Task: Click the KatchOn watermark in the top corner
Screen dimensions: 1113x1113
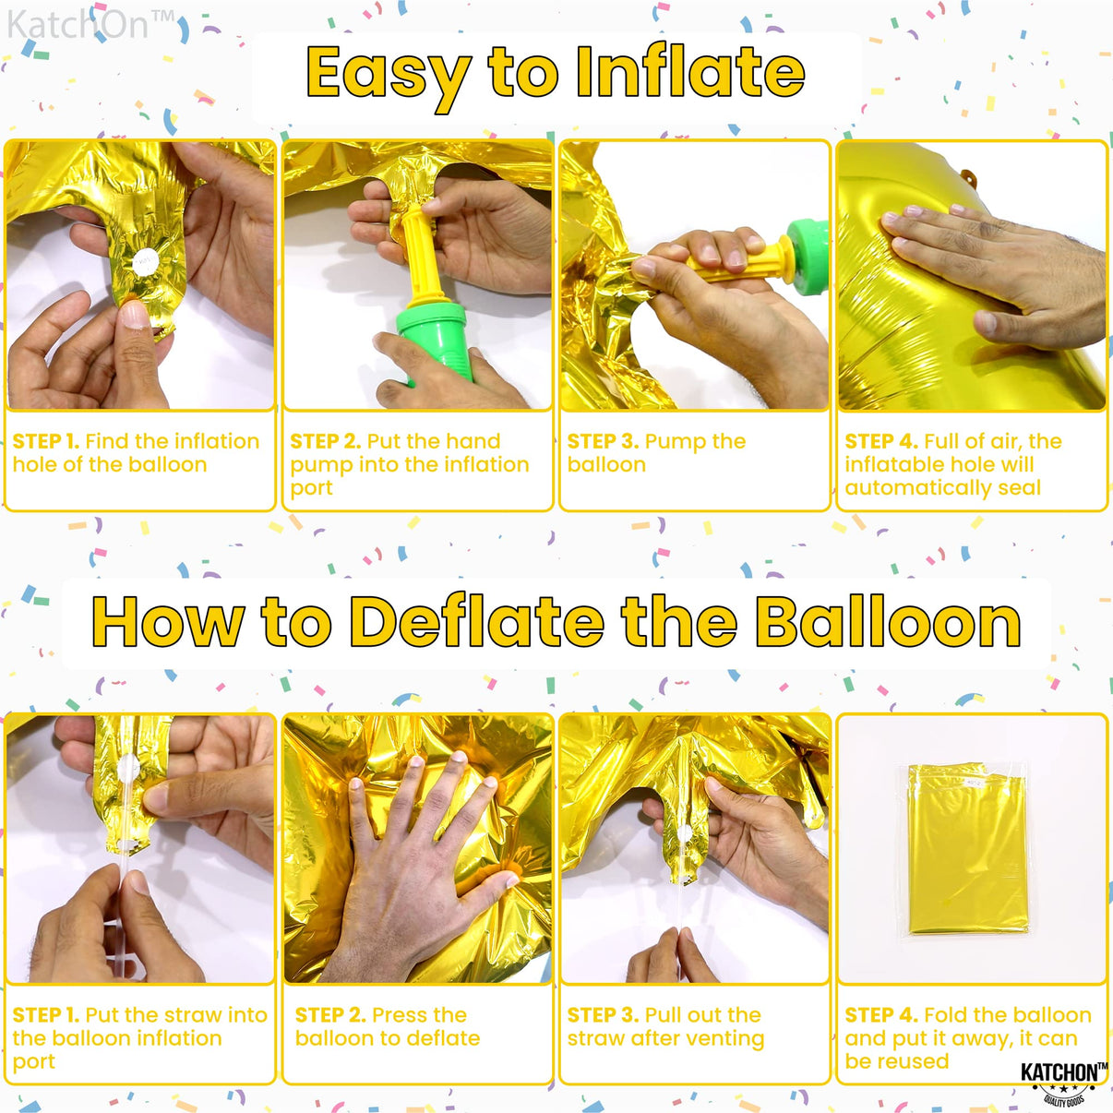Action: pos(90,26)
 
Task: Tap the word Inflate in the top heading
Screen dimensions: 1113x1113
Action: pos(690,72)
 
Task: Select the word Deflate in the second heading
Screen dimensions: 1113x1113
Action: pos(477,623)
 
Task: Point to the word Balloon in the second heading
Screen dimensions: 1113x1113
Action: pos(888,623)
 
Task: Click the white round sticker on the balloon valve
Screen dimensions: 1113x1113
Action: pos(145,262)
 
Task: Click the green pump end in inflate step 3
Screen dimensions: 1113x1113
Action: pos(807,252)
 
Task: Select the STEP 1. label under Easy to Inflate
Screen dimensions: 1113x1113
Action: pos(45,442)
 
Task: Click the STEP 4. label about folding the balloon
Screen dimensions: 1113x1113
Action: pos(880,1015)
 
